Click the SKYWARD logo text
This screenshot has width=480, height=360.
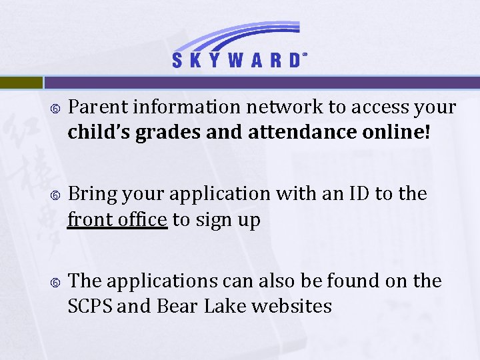coord(236,61)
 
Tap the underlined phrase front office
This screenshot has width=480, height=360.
coord(117,219)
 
